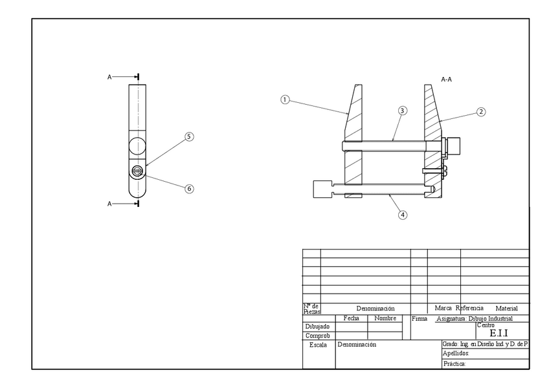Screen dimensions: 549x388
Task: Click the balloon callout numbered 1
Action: (284, 100)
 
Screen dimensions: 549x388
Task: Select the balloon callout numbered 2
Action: (481, 111)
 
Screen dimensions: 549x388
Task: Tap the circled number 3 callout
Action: (402, 111)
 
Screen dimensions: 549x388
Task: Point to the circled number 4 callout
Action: (403, 215)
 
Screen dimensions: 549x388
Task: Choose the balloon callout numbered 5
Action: (189, 136)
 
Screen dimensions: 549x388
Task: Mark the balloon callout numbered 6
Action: (189, 189)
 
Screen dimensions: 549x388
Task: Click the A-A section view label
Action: (446, 79)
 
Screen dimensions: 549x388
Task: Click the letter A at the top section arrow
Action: (109, 77)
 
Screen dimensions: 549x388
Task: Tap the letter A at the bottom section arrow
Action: (109, 204)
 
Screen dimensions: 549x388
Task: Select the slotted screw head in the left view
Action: (138, 171)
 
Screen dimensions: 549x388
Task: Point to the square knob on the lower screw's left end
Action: (321, 189)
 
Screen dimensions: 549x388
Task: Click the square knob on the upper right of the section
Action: (454, 146)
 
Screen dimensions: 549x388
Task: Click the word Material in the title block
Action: (506, 309)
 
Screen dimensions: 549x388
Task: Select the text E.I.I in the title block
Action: (499, 333)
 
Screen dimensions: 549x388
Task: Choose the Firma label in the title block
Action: (418, 319)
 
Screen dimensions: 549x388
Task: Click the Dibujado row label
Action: (317, 327)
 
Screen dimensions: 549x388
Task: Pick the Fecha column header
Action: (351, 318)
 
